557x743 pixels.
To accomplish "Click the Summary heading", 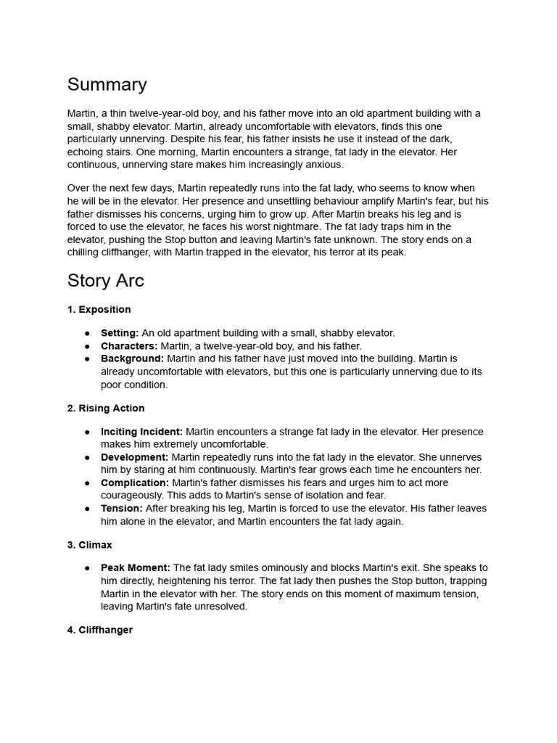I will point(107,85).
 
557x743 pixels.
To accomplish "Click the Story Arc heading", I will point(106,281).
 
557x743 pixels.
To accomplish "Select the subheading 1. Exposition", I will point(99,310).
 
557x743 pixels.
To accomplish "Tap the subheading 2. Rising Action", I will point(106,409).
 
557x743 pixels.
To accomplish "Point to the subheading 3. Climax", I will point(90,545).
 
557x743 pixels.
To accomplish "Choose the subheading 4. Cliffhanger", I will point(100,630).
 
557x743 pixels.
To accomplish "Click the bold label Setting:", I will point(120,333).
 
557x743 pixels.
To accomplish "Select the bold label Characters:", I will point(129,346).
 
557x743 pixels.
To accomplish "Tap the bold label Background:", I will point(132,359).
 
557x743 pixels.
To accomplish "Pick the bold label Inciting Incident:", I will point(141,432).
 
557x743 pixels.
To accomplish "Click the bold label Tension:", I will point(122,509).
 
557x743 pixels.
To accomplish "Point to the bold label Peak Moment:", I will point(136,568).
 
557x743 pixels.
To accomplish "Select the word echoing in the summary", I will point(86,152).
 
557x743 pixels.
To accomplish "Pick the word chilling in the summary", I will point(86,253).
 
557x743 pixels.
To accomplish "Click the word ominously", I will point(263,568).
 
